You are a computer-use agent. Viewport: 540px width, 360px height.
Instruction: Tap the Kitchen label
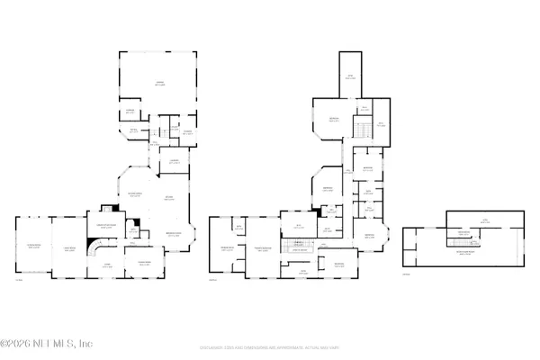(x=167, y=199)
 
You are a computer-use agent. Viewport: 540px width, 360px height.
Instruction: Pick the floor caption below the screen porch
(x=19, y=279)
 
